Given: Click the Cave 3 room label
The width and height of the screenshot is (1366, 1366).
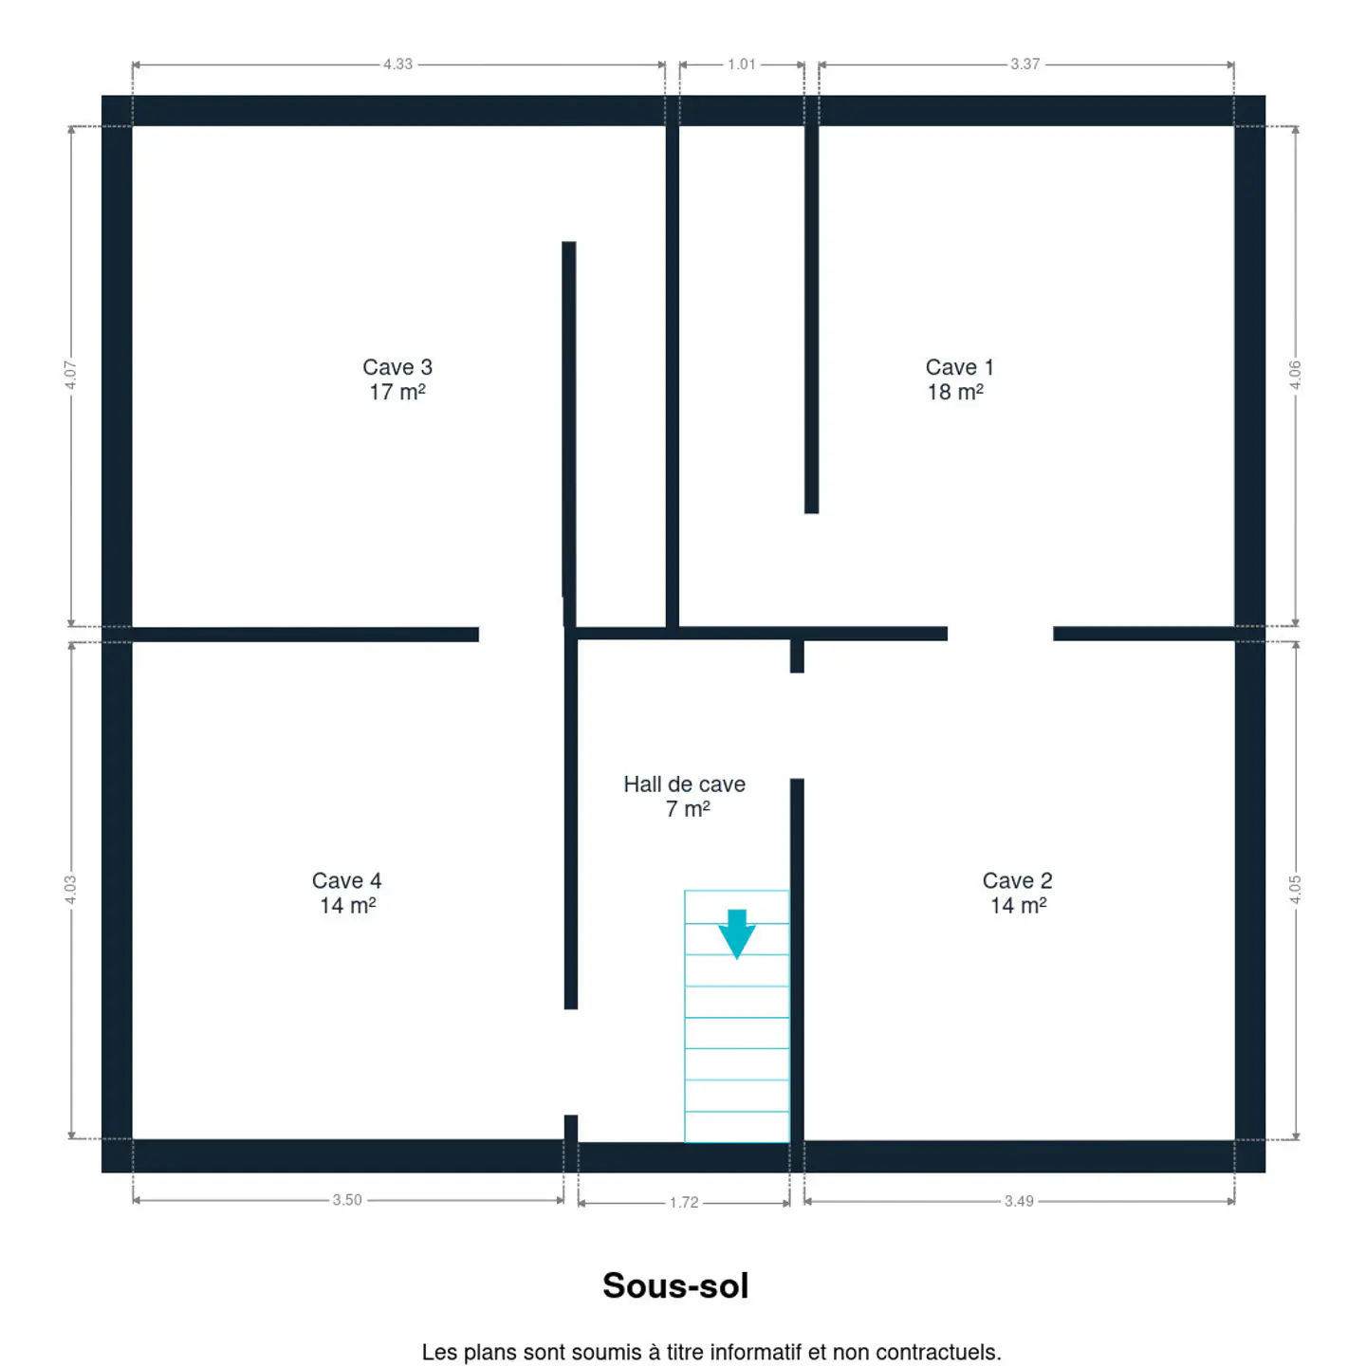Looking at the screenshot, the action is pyautogui.click(x=397, y=367).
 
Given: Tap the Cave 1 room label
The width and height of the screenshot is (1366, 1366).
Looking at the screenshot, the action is pyautogui.click(x=959, y=367).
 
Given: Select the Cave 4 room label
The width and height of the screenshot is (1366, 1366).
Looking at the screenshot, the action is pyautogui.click(x=346, y=880).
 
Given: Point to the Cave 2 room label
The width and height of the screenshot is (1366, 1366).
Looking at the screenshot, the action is pyautogui.click(x=1017, y=880).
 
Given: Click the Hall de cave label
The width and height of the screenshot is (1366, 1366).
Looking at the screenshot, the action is pyautogui.click(x=684, y=784).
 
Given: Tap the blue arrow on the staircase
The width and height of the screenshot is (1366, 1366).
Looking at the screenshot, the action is pyautogui.click(x=736, y=933).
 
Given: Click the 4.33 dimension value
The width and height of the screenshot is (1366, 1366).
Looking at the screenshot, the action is pyautogui.click(x=397, y=65).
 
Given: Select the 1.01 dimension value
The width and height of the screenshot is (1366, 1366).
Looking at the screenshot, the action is pyautogui.click(x=742, y=65).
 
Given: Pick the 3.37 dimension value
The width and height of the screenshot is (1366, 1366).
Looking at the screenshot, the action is pyautogui.click(x=1025, y=65).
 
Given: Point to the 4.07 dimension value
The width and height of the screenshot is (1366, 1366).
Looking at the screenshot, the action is pyautogui.click(x=70, y=375).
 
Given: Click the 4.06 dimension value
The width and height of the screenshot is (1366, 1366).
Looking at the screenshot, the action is pyautogui.click(x=1295, y=375).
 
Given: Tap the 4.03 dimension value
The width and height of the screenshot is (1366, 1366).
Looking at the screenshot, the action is pyautogui.click(x=70, y=890).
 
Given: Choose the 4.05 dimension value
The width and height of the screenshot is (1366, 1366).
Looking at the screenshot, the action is pyautogui.click(x=1295, y=890).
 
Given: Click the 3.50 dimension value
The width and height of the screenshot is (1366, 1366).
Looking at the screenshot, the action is pyautogui.click(x=347, y=1200).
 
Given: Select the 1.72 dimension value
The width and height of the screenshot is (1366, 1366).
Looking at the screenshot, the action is pyautogui.click(x=684, y=1202).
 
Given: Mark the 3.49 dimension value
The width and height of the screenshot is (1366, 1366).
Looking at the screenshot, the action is pyautogui.click(x=1019, y=1201).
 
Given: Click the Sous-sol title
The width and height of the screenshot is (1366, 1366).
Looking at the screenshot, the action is pyautogui.click(x=675, y=1285).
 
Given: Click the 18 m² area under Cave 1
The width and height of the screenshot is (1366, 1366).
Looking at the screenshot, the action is pyautogui.click(x=955, y=392).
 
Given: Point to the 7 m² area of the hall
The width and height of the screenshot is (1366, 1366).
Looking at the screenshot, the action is pyautogui.click(x=688, y=809).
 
